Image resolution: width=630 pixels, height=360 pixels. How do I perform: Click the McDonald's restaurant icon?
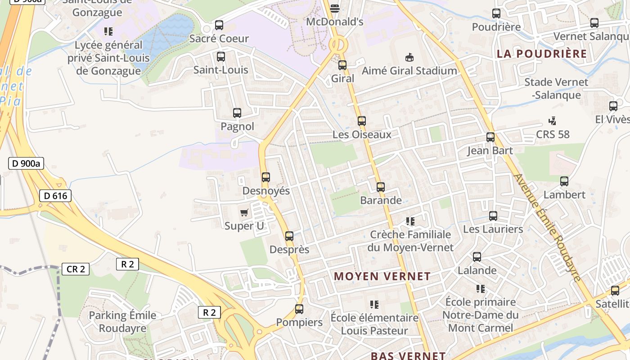point(335,8)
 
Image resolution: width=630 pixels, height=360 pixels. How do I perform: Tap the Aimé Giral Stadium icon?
point(409,57)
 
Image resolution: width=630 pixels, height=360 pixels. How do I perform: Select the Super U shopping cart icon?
point(244,212)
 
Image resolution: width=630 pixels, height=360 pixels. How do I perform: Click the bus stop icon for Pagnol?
point(237,113)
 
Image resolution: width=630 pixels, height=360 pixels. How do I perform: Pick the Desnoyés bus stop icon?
point(266,177)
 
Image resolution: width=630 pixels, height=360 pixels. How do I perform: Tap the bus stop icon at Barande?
point(381,187)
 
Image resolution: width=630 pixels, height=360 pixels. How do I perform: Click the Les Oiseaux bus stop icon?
point(362,121)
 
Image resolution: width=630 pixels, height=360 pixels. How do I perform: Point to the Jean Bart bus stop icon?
point(490,137)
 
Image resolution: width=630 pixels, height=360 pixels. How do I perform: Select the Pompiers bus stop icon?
point(299,309)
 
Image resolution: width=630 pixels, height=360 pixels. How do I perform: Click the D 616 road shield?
point(55,196)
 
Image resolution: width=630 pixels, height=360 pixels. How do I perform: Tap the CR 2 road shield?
point(76,269)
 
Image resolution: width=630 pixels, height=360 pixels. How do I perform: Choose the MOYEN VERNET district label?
point(382,276)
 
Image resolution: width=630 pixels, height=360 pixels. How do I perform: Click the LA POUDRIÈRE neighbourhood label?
point(542,54)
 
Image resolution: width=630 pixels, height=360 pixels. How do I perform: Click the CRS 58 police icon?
point(553,121)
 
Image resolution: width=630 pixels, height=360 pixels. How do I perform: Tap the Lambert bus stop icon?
point(564,181)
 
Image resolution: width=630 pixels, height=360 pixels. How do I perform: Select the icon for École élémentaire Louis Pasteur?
point(374,305)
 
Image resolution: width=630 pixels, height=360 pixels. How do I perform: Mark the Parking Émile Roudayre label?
point(122,322)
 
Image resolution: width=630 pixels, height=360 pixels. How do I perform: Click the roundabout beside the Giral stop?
point(338,45)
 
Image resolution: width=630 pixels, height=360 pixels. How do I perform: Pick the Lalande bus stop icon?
point(477,257)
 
